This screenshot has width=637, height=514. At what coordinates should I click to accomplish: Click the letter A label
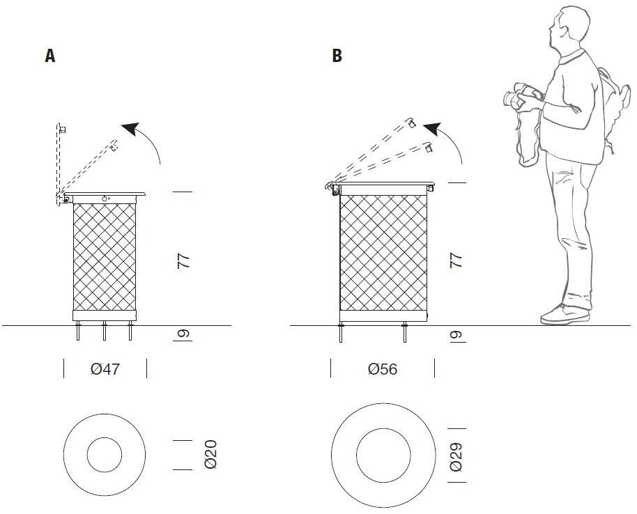point(50,56)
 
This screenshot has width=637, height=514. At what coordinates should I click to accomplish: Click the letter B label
point(337,56)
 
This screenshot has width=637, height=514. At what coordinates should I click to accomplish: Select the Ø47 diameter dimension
point(105,369)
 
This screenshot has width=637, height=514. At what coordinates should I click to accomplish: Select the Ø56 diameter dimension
point(382,369)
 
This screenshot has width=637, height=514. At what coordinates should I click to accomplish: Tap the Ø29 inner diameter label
point(456,455)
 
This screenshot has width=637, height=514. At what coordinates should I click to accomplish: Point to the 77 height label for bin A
point(183,262)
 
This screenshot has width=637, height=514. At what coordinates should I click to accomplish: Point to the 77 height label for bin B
point(456,261)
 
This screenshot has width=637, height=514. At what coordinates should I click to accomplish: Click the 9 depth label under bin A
point(183,335)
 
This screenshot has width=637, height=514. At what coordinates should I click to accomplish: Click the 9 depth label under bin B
point(456,335)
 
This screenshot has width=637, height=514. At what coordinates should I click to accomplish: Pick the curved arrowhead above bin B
point(433,129)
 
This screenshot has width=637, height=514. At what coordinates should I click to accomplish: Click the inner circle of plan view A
point(105,455)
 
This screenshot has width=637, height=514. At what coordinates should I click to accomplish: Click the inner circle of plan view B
point(383,455)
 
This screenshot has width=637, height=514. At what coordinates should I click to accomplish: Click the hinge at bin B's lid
point(334,188)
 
